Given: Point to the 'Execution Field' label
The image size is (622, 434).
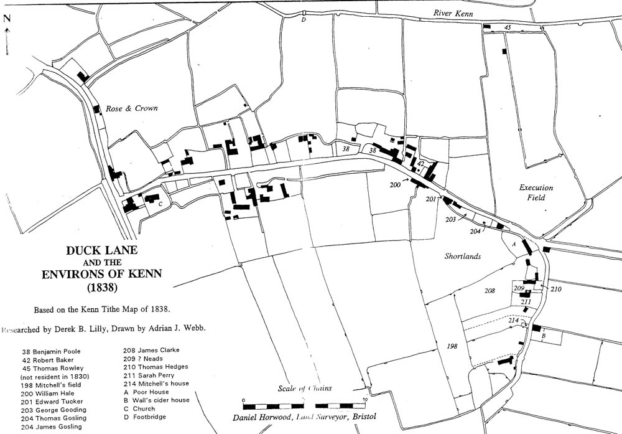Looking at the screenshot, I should coord(536,192).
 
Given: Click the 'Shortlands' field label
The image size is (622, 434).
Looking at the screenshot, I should coord(463,256).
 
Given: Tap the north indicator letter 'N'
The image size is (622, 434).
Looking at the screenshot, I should coord(7,19).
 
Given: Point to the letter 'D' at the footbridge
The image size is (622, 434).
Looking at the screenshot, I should coord(304,20).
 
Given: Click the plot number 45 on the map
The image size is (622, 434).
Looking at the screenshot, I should coord(508,27).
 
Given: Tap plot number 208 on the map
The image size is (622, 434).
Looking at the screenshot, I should coord(490,291).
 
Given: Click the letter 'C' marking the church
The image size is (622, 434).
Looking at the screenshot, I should coord(160,204).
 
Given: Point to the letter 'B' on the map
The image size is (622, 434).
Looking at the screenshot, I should coord(543,336).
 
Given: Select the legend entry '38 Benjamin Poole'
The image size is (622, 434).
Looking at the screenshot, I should coord(51,351).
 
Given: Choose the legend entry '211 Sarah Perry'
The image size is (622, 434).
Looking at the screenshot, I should coord(147,375).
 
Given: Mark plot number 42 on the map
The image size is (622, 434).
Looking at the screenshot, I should coord(420,163).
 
